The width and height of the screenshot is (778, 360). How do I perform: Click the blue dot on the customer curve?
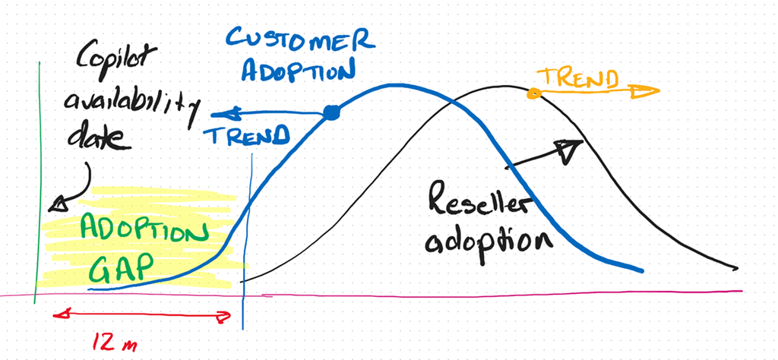click(x=331, y=114)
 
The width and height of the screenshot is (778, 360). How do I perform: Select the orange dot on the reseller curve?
click(x=534, y=92)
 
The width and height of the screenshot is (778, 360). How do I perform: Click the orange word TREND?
click(x=578, y=78)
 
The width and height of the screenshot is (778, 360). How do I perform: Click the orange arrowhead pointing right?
click(x=645, y=90)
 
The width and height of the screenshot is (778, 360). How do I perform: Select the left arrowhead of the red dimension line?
click(x=62, y=314)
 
